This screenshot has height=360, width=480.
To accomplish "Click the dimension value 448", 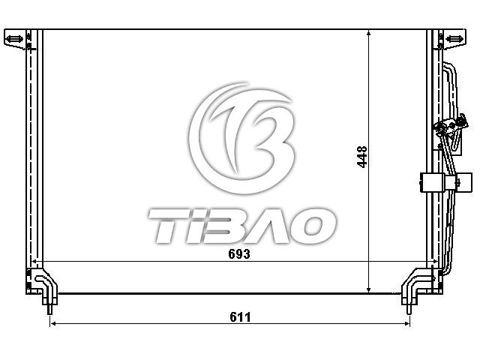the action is [362, 157].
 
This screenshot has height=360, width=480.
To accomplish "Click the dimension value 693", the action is [239, 253].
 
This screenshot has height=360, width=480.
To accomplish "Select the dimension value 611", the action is [240, 317].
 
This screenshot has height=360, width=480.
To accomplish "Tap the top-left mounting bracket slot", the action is [15, 39].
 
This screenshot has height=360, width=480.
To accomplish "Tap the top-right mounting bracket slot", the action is [454, 39].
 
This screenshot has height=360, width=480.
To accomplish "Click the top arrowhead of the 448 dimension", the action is [369, 32].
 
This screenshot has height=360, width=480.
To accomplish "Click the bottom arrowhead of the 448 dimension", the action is [369, 289].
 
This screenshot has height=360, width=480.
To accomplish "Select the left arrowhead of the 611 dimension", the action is [53, 324].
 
